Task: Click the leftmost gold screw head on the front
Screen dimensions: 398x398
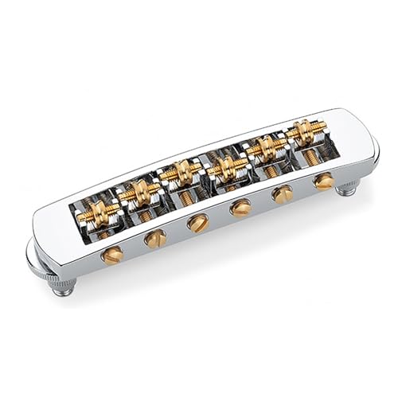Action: coord(112,255)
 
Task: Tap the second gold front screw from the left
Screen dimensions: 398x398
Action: coord(155,238)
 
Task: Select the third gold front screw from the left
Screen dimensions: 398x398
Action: coord(197,223)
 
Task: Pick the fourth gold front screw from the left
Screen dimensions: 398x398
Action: coord(240,209)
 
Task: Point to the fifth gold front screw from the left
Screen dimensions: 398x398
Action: coord(282,194)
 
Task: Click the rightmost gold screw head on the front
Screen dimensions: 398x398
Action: coord(323,181)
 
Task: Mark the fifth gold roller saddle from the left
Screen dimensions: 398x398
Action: coord(266,148)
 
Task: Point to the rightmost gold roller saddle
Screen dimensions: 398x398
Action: coord(303,131)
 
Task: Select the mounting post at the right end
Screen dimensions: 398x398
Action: coord(346,189)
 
